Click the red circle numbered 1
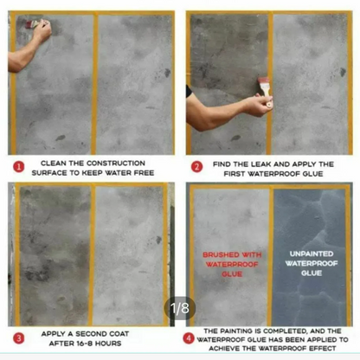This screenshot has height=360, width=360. [19, 167]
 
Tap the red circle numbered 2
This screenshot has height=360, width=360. [197, 167]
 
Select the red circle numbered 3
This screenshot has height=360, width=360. [19, 338]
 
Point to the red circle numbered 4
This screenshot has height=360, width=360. [189, 338]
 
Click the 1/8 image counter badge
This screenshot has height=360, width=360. [180, 308]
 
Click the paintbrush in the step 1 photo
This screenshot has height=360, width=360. [33, 23]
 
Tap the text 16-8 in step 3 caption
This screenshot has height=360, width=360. [85, 344]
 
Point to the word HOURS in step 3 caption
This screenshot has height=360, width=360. [108, 344]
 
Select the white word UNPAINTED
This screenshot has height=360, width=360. [312, 254]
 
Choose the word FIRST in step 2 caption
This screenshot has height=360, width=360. [235, 174]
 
